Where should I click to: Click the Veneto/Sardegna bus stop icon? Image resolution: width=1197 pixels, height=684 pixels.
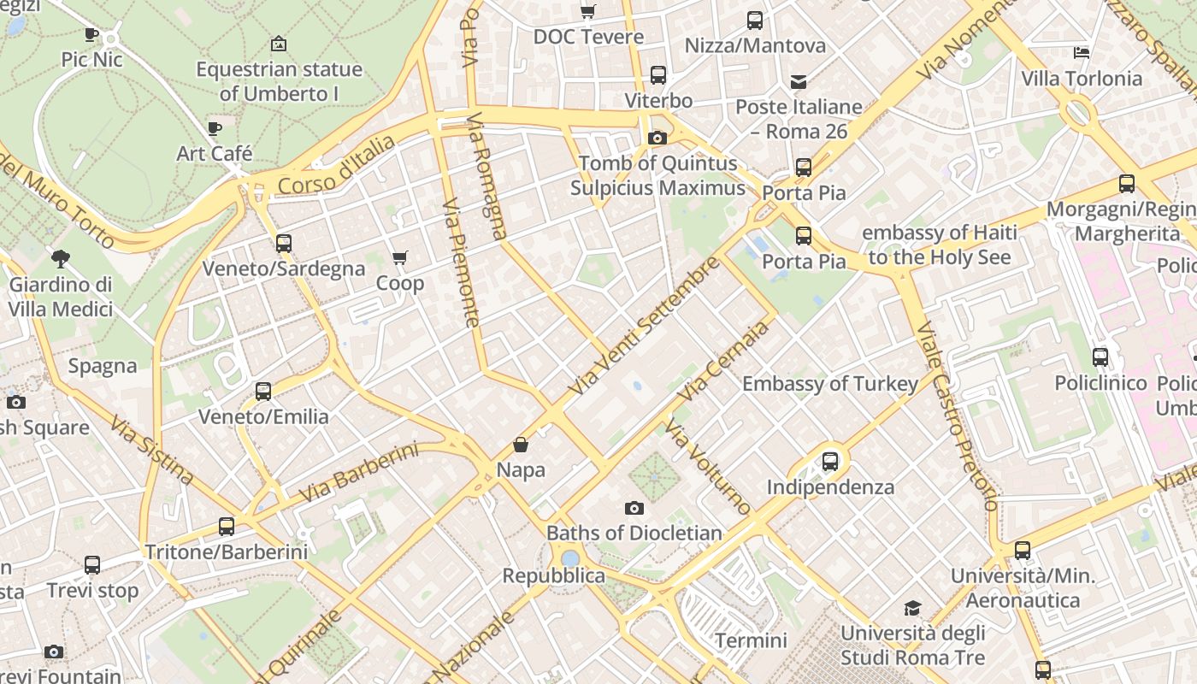click(284, 243)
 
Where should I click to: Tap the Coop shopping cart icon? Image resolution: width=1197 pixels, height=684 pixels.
click(399, 257)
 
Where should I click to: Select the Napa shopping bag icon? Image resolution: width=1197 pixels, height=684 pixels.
click(520, 445)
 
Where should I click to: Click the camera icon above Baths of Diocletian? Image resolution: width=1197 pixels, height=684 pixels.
click(634, 508)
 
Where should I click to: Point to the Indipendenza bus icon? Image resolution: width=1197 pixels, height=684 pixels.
click(829, 462)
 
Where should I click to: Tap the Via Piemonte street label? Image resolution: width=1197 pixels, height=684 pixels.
click(460, 263)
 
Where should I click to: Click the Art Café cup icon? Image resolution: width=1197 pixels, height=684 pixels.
click(215, 128)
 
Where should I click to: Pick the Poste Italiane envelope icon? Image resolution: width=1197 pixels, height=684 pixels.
click(799, 82)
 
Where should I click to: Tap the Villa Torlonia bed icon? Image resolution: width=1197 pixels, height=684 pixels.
click(1082, 53)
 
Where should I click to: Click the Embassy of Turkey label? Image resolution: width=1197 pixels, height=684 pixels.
click(829, 384)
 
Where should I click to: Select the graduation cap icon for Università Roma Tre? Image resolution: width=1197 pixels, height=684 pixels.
click(912, 608)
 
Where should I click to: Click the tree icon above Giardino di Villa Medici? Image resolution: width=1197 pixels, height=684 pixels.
click(61, 257)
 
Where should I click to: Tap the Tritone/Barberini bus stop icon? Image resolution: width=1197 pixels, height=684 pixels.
click(226, 527)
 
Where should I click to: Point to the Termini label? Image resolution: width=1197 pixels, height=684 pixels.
click(751, 640)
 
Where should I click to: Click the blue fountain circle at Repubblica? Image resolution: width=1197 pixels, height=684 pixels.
click(570, 559)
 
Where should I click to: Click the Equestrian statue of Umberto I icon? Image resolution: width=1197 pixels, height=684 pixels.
click(278, 44)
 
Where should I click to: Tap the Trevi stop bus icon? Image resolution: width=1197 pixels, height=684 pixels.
click(92, 565)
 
